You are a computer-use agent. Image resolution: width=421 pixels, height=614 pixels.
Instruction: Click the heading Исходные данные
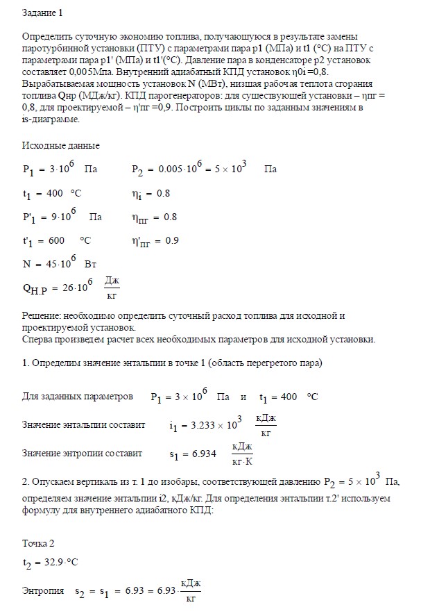pos(61,146)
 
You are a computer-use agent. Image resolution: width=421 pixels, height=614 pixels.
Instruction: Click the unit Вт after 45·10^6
pos(90,265)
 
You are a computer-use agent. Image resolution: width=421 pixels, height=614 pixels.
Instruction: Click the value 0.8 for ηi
pos(163,194)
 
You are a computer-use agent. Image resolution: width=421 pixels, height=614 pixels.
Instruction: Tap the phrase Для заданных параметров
pos(77,397)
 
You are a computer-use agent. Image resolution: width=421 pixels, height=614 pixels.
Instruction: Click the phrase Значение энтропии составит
pos(82,453)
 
